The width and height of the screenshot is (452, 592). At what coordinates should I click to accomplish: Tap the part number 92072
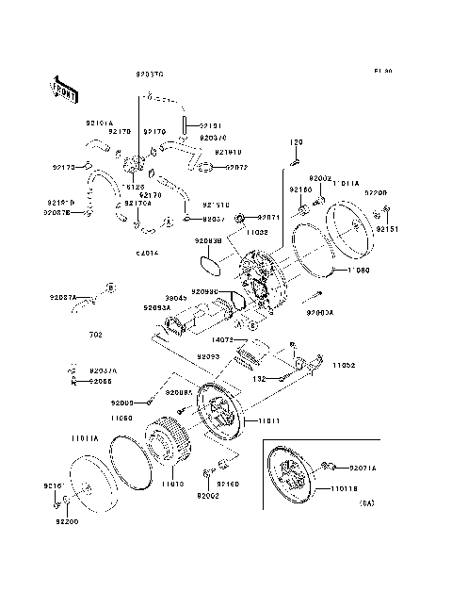tap(235, 168)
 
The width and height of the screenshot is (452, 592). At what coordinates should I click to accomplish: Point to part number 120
tap(295, 142)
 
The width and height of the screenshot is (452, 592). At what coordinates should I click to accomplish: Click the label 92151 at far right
tap(388, 228)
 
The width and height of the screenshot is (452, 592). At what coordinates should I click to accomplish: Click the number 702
tap(96, 335)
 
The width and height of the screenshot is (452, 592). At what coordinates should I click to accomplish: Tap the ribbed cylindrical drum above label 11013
tap(169, 449)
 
